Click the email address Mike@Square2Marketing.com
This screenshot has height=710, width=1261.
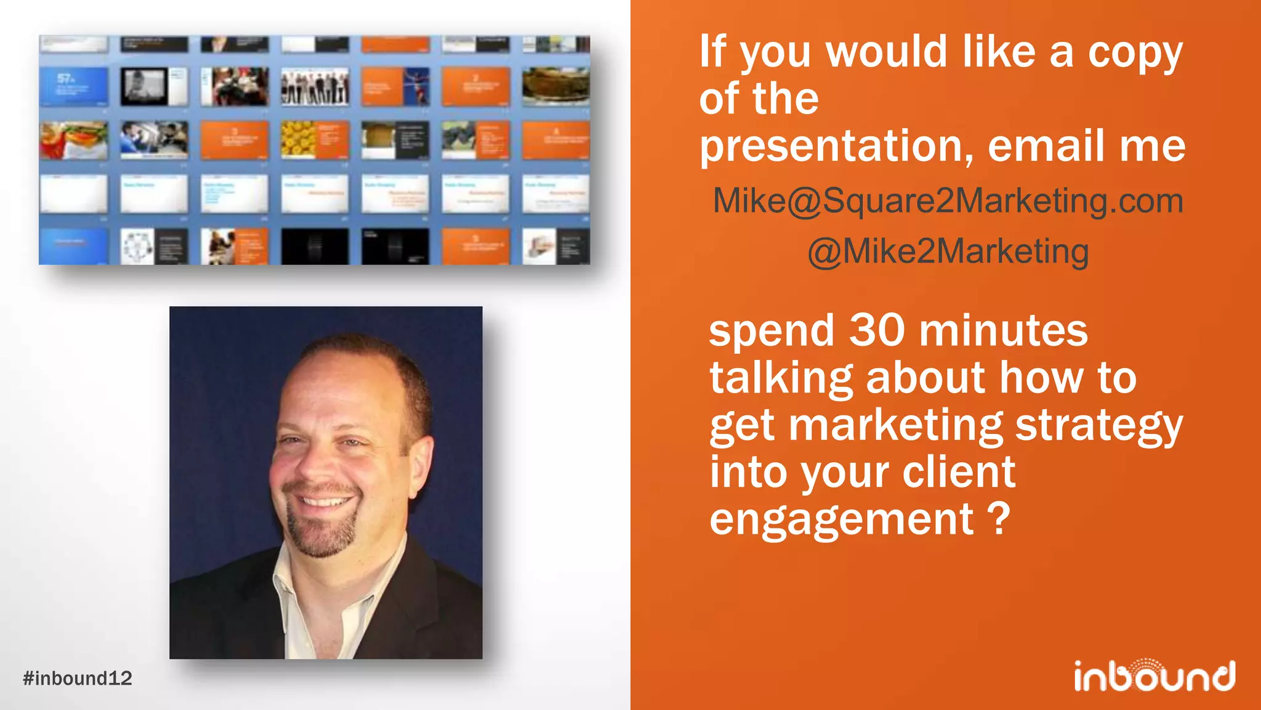point(948,201)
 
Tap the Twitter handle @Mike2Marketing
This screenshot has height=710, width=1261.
point(948,251)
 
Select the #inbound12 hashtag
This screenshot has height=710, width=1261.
point(78,679)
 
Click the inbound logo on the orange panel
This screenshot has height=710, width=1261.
point(1154,675)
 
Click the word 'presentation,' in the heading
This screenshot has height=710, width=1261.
point(837,147)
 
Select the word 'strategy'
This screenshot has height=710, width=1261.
point(1099,425)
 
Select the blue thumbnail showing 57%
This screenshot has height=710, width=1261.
point(73,86)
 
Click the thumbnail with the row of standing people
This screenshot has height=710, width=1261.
point(315,86)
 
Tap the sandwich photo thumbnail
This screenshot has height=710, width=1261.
point(73,140)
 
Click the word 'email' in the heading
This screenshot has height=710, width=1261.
point(1046,147)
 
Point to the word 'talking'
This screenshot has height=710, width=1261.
point(781,378)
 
